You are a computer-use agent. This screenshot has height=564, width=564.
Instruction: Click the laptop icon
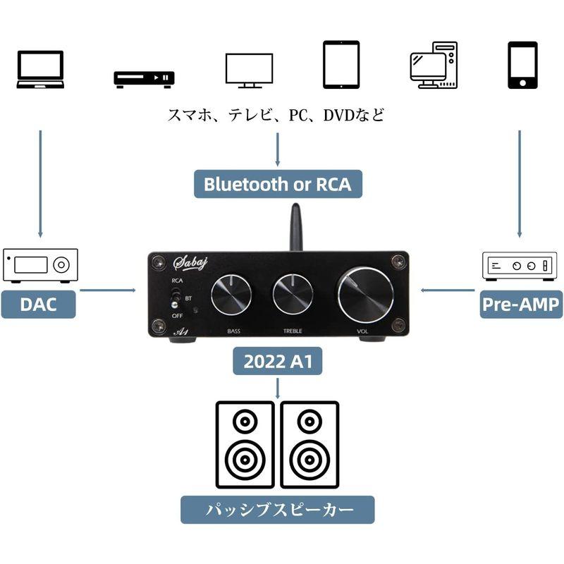(x=40, y=69)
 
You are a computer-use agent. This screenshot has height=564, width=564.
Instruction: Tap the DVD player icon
(x=144, y=79)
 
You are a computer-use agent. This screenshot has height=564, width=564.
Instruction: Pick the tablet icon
(x=341, y=65)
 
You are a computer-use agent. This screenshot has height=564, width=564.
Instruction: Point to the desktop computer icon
(x=434, y=65)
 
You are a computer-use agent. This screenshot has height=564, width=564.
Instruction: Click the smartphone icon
(x=522, y=65)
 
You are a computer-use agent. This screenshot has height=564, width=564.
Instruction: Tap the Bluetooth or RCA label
(x=277, y=184)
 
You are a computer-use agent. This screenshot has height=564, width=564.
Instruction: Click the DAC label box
(x=38, y=304)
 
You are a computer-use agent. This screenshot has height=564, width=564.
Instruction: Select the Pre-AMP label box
(x=521, y=304)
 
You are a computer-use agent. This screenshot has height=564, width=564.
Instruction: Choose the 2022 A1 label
(x=278, y=362)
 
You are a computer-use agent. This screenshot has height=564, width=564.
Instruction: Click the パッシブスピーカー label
(x=277, y=509)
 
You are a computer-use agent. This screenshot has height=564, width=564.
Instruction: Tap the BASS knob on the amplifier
(x=231, y=294)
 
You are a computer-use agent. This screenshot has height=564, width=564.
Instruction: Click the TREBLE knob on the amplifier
(x=293, y=294)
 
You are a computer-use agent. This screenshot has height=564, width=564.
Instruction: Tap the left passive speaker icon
(x=245, y=444)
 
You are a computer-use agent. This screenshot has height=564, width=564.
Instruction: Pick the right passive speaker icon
(x=309, y=444)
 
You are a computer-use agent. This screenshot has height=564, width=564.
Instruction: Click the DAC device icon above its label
(x=40, y=265)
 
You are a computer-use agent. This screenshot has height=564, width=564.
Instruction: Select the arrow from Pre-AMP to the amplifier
(x=447, y=290)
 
